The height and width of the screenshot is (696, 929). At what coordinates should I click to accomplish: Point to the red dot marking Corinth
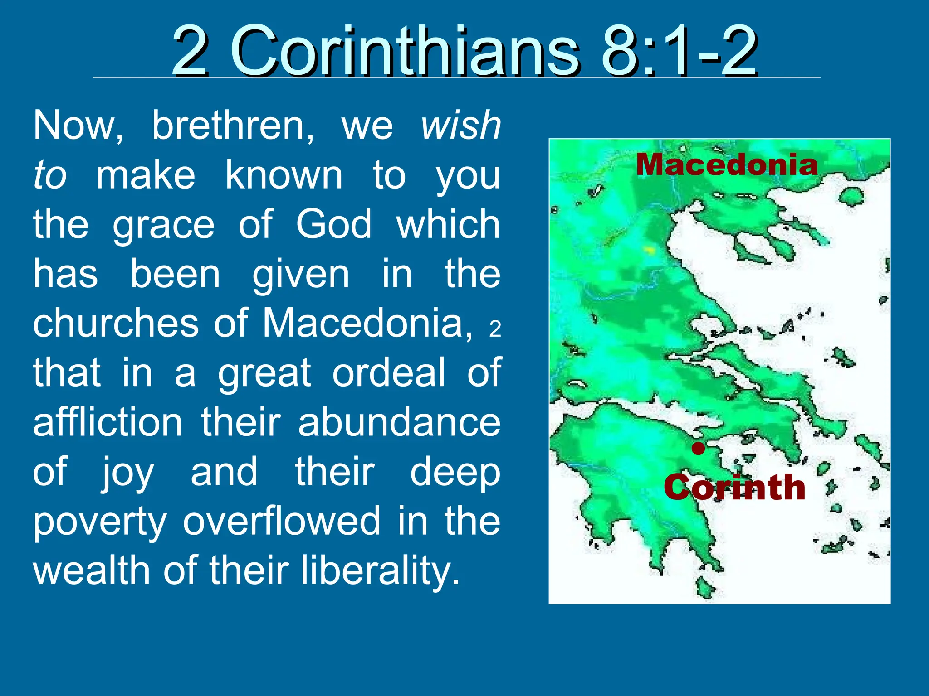(x=699, y=449)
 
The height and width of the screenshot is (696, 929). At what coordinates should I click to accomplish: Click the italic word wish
(x=460, y=126)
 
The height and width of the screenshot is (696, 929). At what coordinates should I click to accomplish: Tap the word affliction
(x=108, y=422)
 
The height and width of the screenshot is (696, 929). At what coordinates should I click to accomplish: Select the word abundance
(x=399, y=422)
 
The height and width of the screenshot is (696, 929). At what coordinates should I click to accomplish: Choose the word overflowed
(x=281, y=521)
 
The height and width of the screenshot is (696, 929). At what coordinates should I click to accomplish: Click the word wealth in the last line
(x=91, y=570)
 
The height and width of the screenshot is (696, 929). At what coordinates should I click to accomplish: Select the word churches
(x=116, y=323)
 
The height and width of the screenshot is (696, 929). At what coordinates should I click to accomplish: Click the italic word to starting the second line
(x=49, y=175)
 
